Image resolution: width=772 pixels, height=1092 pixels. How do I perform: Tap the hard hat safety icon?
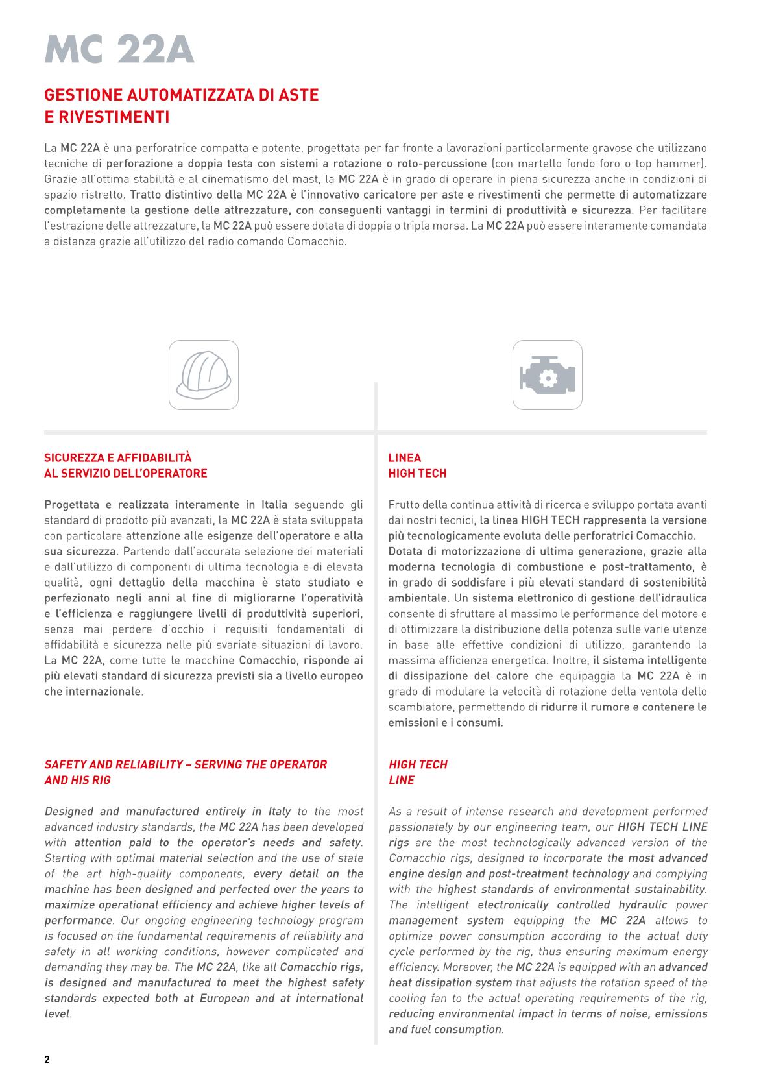coord(204,375)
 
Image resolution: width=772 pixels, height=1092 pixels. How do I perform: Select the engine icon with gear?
coord(547,375)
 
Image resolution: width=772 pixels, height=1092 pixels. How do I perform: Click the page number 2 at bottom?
coord(47,1060)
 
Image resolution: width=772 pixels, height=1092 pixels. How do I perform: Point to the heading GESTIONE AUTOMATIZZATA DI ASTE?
coord(182,95)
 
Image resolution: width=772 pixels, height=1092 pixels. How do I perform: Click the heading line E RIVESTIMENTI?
coord(107,117)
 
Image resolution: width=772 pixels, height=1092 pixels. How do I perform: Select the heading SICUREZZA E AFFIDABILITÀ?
coord(117,457)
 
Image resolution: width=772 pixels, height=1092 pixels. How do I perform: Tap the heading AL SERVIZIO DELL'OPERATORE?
coord(126,473)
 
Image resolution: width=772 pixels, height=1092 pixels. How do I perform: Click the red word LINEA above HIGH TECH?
coord(404,457)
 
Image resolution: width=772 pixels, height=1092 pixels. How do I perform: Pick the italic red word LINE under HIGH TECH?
coord(401,780)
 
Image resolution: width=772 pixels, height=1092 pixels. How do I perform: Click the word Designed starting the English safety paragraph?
coord(69,811)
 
